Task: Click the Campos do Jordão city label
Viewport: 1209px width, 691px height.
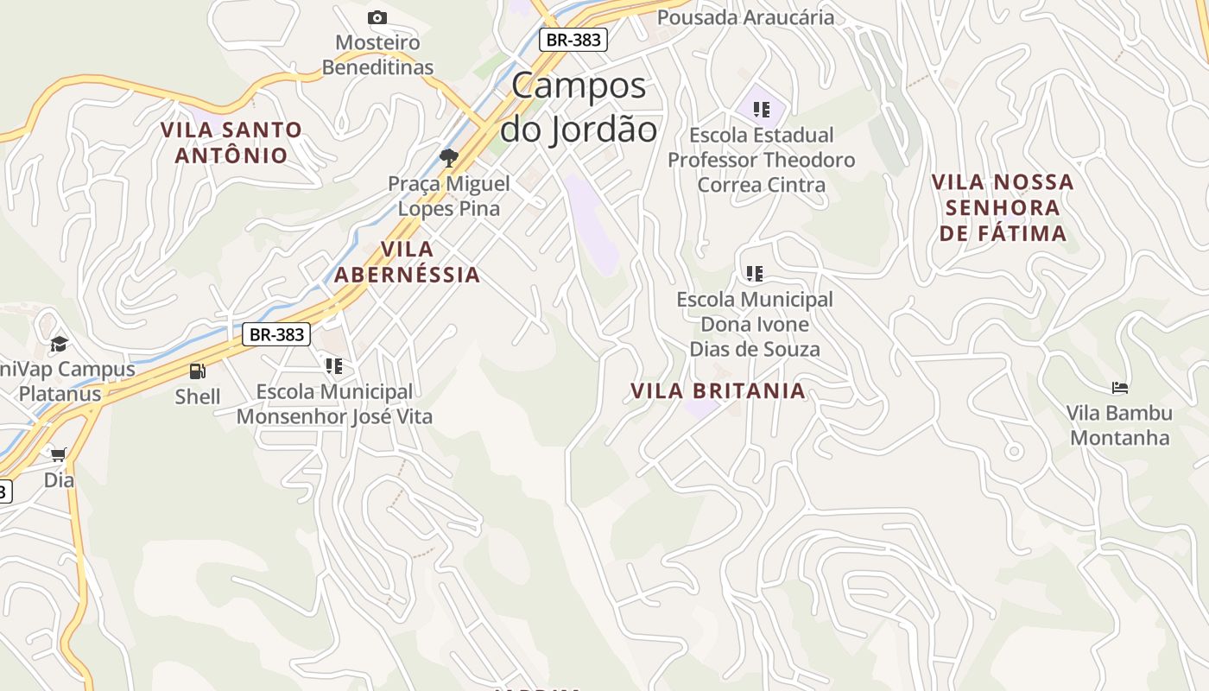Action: (x=579, y=107)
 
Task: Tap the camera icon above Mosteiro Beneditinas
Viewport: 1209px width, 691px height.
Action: (x=377, y=17)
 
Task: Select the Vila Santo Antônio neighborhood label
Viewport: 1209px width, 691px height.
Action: (x=231, y=143)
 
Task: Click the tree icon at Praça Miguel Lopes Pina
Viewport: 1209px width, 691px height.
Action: (x=448, y=157)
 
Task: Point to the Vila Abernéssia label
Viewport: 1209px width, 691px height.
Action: (x=407, y=262)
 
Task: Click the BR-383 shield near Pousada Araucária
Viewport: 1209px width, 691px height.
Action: (x=573, y=39)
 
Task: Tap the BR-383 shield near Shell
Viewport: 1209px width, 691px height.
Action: (x=275, y=334)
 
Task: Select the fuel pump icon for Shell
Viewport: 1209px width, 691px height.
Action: (x=198, y=371)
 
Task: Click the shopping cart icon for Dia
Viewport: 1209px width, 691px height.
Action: (x=59, y=454)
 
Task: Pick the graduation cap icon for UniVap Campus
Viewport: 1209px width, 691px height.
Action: (x=59, y=344)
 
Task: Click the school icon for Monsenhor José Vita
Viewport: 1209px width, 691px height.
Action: (x=334, y=366)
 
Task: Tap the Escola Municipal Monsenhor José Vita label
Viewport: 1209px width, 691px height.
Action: (x=334, y=404)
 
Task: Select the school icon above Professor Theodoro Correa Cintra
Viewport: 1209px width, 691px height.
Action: (x=761, y=110)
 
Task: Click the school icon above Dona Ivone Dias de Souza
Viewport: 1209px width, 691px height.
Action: (x=755, y=274)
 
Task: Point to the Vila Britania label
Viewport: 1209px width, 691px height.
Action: (x=718, y=390)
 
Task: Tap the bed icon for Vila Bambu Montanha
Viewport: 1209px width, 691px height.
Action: (x=1120, y=388)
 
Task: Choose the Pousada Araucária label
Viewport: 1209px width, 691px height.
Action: (x=745, y=17)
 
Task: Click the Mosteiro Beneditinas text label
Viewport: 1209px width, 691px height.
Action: (x=377, y=54)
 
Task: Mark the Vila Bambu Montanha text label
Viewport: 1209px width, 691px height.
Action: (x=1119, y=425)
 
